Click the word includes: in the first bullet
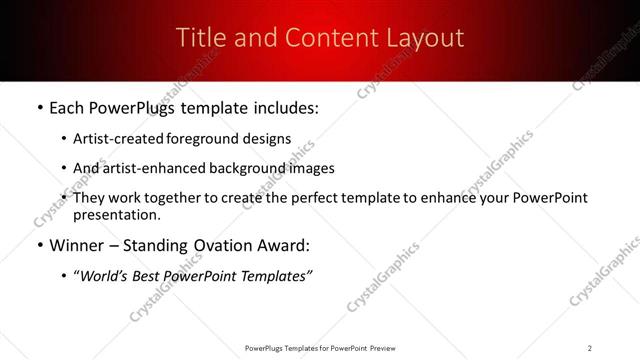tap(283, 108)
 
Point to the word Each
tap(69, 108)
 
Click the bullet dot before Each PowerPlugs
tap(39, 108)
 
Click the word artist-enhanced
tap(150, 168)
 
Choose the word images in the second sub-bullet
tap(311, 168)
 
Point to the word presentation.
tap(115, 214)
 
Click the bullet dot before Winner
tap(39, 245)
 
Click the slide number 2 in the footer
tap(590, 348)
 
